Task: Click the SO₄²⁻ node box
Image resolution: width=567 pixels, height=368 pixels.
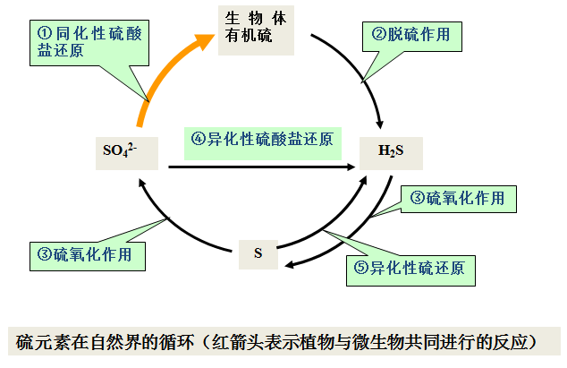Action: pyautogui.click(x=125, y=151)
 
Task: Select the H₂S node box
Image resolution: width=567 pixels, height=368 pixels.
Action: pyautogui.click(x=391, y=151)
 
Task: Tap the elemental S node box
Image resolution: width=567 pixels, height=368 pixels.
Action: pyautogui.click(x=258, y=253)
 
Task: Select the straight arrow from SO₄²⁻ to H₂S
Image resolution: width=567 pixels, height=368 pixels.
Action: pyautogui.click(x=259, y=167)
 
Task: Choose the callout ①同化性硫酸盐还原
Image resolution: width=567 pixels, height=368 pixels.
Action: pyautogui.click(x=89, y=40)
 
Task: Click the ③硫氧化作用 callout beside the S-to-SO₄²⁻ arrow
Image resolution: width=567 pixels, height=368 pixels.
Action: pyautogui.click(x=86, y=254)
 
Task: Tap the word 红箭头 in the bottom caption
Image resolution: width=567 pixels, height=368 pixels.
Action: pyautogui.click(x=233, y=341)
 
